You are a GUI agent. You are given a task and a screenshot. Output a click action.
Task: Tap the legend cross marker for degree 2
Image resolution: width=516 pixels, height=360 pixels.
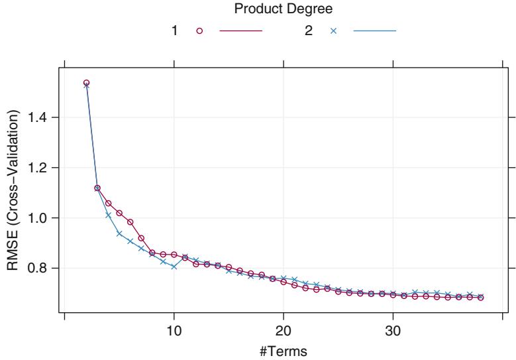coord(333,31)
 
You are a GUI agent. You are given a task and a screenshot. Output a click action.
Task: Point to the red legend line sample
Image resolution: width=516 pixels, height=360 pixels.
coord(240,31)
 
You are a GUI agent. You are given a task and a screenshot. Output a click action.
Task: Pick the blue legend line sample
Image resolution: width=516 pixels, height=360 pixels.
coord(374,31)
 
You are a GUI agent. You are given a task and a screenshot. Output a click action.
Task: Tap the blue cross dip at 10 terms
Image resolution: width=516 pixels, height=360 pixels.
coord(174,267)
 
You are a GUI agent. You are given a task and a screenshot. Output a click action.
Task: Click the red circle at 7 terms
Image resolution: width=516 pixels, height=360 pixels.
coord(141,237)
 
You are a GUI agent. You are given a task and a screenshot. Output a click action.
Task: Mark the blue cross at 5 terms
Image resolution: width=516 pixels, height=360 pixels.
coord(119,233)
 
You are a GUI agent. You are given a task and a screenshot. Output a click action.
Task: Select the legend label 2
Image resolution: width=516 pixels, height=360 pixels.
coord(309,31)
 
